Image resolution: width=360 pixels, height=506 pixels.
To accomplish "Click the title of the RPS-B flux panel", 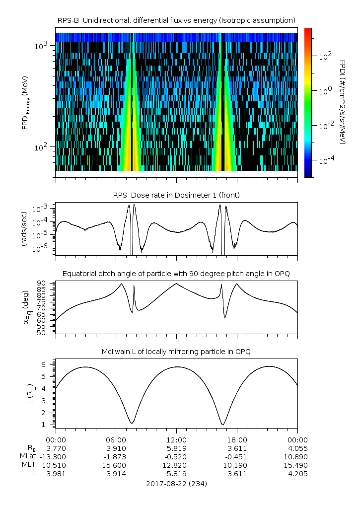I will coord(176,20).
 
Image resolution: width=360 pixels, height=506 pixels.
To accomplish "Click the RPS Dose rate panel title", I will coord(176,195).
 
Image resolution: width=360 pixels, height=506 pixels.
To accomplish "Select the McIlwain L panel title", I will coord(176,352).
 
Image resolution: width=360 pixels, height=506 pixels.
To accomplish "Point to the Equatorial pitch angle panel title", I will coord(176,274).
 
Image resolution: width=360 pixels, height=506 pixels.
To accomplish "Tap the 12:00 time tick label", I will coord(176,439).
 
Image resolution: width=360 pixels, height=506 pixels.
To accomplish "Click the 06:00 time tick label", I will coord(116,439).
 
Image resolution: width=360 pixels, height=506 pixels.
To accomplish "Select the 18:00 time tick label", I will coord(237,439).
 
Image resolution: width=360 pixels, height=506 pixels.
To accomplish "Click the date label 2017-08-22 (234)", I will coord(176,483).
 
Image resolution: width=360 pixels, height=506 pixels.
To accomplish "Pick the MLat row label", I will coord(29,456).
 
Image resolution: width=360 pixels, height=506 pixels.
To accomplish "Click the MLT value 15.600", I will coord(116,465).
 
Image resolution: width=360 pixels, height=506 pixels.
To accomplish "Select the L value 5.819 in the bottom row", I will coord(176,473).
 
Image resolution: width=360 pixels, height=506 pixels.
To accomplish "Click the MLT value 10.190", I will coord(237,465).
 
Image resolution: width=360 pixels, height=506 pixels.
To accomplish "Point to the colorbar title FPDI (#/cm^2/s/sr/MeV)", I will coord(342,102).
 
